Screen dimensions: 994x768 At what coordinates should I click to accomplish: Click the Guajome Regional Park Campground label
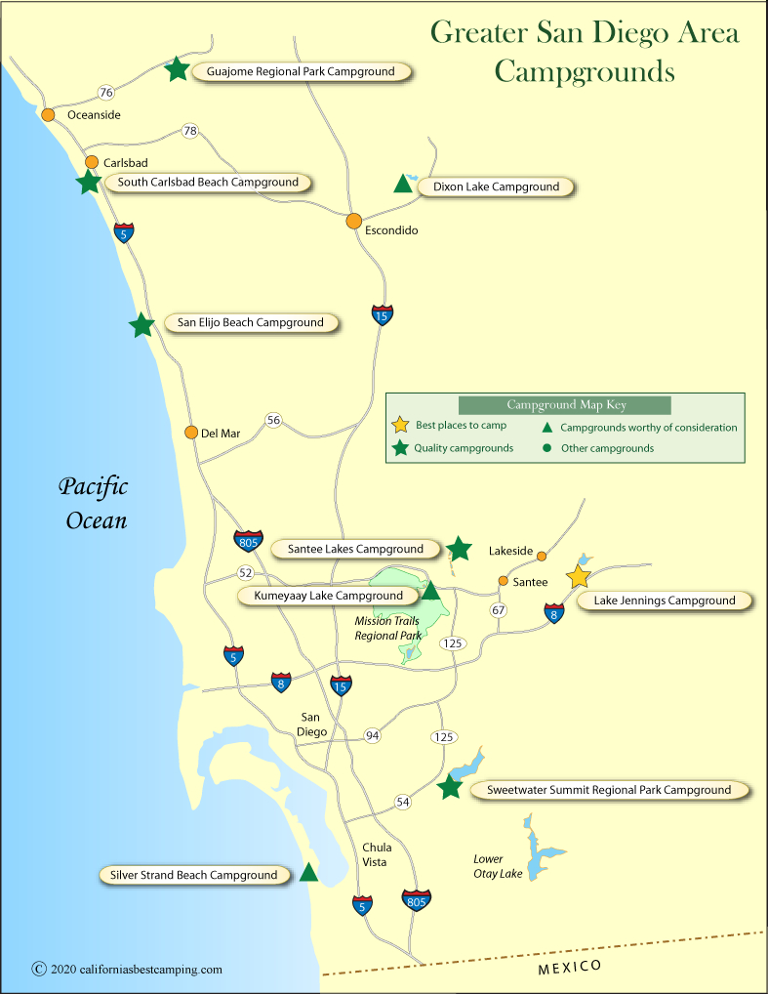301,71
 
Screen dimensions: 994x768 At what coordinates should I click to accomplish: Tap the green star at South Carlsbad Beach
89,182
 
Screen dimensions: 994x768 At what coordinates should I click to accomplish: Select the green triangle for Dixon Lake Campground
402,184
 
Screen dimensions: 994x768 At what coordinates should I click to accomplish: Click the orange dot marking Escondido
354,221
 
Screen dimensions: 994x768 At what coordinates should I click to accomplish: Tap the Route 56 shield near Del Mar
273,421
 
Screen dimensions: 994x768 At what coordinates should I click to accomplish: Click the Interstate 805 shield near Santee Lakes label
248,540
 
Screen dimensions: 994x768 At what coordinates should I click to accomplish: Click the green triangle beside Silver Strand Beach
309,873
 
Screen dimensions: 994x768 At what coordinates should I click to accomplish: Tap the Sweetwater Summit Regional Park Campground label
601,790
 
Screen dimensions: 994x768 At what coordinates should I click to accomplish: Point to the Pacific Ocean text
95,503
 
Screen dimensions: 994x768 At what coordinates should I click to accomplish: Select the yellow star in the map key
399,426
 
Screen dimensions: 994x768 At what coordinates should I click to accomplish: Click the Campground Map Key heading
566,405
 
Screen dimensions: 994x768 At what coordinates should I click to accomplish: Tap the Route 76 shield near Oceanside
106,93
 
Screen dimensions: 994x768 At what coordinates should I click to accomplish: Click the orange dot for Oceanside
48,114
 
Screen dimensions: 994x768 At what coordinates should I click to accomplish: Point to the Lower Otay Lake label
498,866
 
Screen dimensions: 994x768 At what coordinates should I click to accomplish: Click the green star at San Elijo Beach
142,325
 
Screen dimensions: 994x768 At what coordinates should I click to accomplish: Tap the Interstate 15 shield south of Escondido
383,314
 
